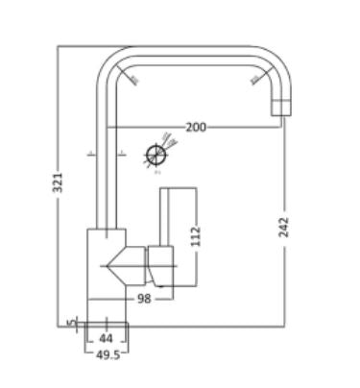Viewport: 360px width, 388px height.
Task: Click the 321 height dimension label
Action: tap(58, 182)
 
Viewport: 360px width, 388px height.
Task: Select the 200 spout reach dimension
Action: tap(196, 127)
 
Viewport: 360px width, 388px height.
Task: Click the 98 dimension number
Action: tap(144, 299)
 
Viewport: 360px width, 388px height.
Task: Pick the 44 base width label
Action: tap(107, 339)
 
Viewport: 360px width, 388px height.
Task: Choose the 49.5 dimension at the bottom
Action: tap(107, 354)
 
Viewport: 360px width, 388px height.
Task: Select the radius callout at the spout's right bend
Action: tap(254, 78)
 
